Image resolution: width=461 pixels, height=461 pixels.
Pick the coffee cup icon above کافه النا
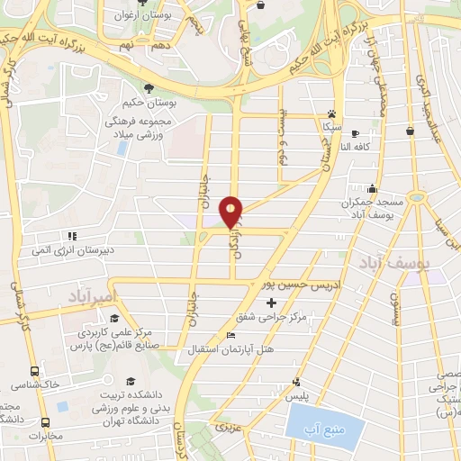coord(355,131)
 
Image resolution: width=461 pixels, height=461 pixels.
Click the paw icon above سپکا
coord(332,115)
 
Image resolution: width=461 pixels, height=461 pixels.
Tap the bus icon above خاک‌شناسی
coord(35,371)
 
